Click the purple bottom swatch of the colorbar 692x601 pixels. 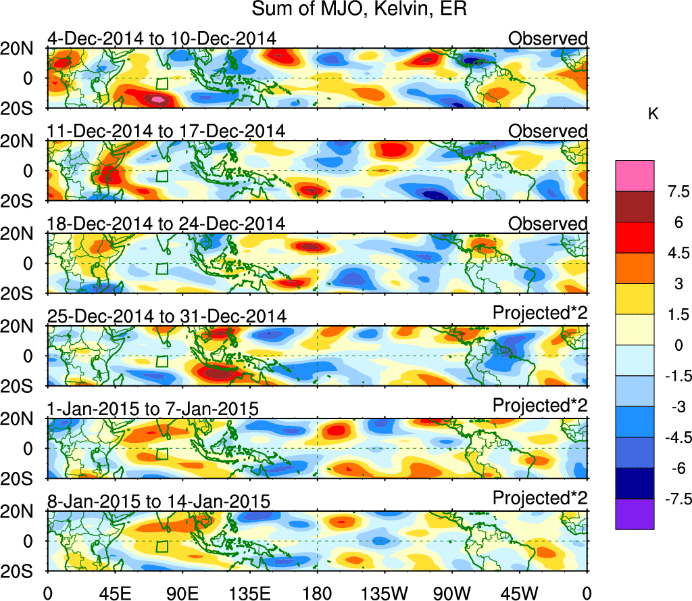click(635, 514)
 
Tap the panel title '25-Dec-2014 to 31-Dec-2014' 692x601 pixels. click(167, 316)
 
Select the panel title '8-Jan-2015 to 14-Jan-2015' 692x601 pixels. click(159, 501)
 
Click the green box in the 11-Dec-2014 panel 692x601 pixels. click(161, 176)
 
